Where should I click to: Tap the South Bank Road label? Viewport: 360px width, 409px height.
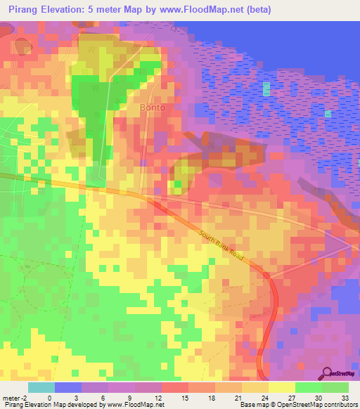pyautogui.click(x=221, y=246)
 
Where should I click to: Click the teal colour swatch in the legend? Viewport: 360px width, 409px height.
pyautogui.click(x=41, y=387)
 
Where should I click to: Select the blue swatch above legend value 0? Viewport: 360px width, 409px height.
pyautogui.click(x=67, y=387)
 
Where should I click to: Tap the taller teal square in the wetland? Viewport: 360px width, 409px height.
pyautogui.click(x=266, y=89)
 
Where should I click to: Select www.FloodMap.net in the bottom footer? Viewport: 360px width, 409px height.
pyautogui.click(x=138, y=405)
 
